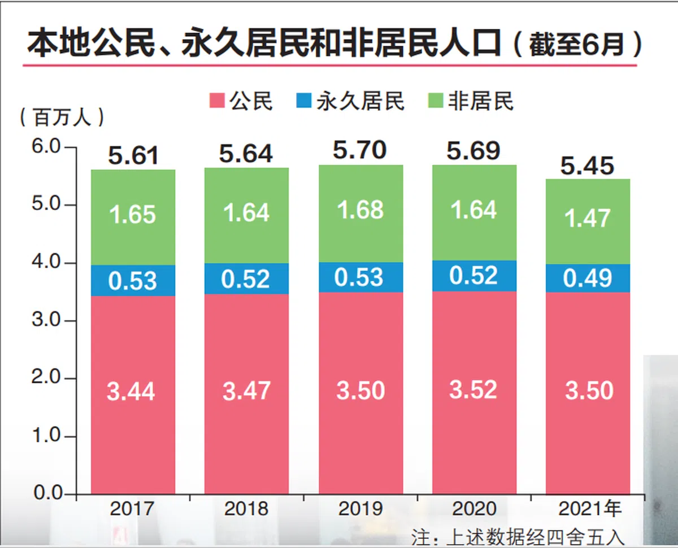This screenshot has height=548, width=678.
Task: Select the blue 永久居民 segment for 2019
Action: pyautogui.click(x=360, y=277)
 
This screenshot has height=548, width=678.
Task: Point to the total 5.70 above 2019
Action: pyautogui.click(x=360, y=150)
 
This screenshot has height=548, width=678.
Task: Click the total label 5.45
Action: pyautogui.click(x=588, y=166)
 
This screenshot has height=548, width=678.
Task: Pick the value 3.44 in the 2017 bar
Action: pyautogui.click(x=131, y=391)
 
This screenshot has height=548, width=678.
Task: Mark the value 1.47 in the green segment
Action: pyautogui.click(x=588, y=218)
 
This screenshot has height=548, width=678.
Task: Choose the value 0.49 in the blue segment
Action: pyautogui.click(x=588, y=279)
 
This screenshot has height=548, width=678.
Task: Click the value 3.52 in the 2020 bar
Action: pyautogui.click(x=473, y=390)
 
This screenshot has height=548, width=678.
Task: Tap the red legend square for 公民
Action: pyautogui.click(x=216, y=102)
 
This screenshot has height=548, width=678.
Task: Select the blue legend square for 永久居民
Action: pyautogui.click(x=303, y=102)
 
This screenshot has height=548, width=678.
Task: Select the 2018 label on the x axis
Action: pyautogui.click(x=246, y=509)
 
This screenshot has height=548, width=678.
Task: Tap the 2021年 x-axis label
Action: pyautogui.click(x=590, y=509)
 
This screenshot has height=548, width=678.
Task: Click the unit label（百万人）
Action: pyautogui.click(x=62, y=117)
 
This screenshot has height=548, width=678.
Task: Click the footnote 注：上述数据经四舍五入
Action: pyautogui.click(x=519, y=537)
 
